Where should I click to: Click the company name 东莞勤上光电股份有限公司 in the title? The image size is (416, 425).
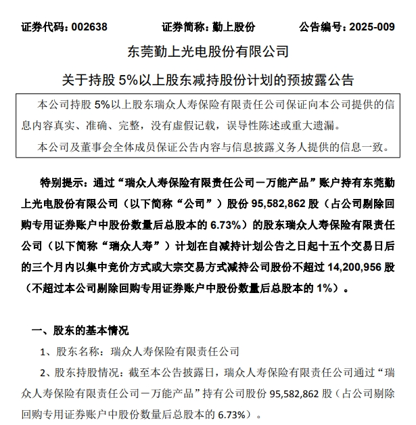tap(208, 52)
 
